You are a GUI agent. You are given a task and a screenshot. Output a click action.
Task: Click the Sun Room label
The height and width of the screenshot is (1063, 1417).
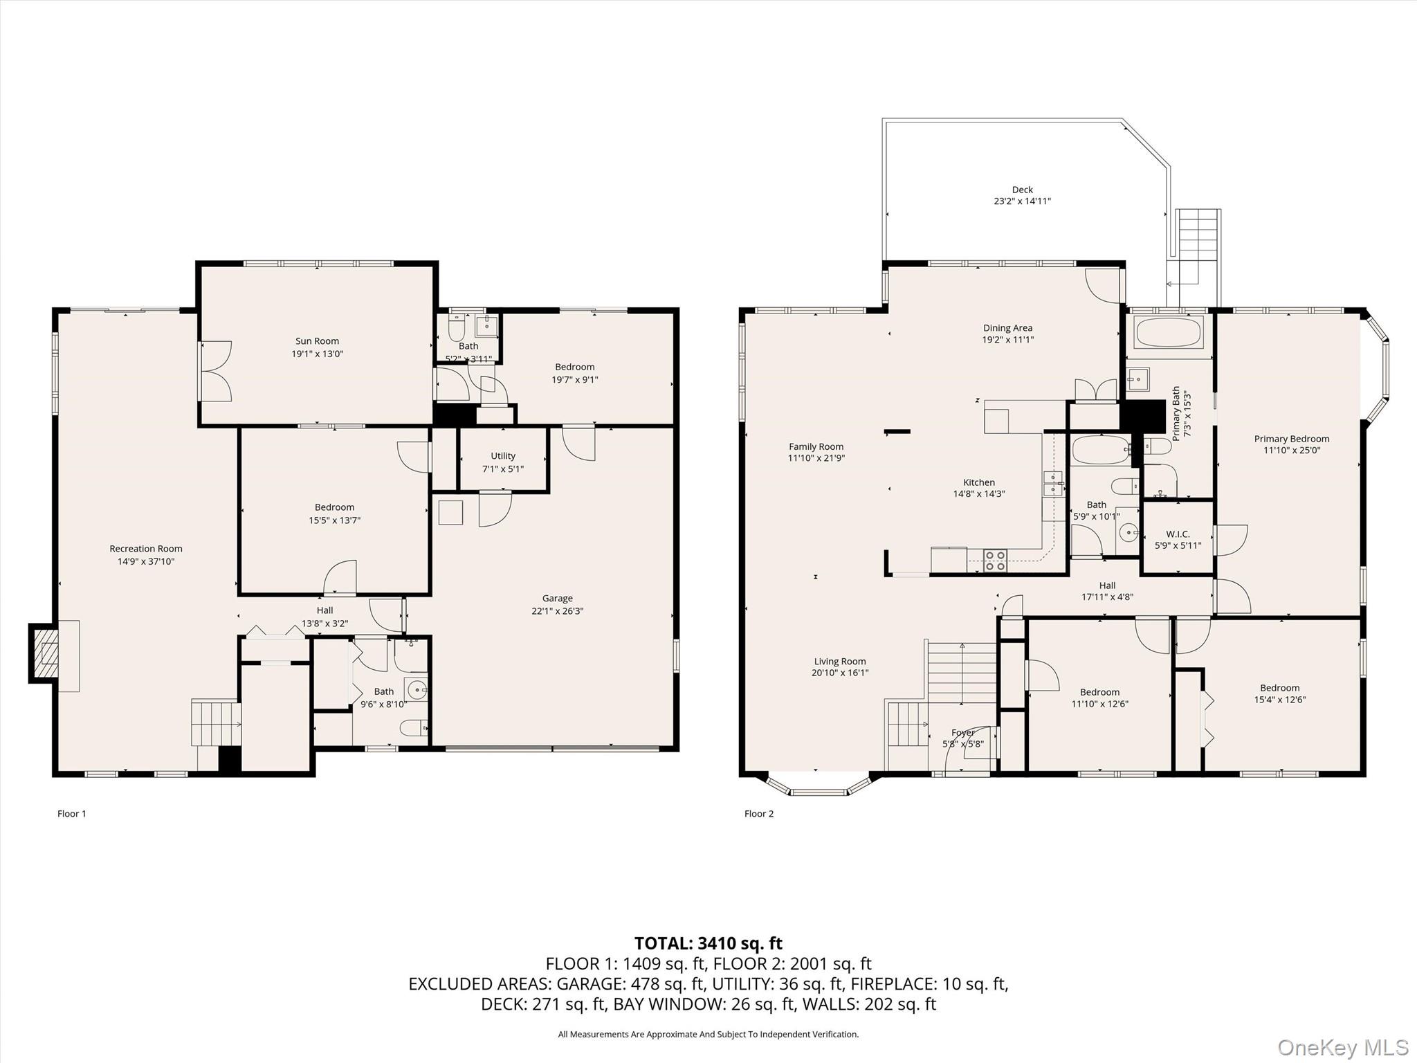(x=317, y=340)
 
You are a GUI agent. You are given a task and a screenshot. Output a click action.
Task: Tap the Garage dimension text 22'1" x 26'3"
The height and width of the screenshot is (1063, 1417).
(x=557, y=611)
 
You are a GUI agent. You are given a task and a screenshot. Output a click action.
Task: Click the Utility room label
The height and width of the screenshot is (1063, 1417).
(x=503, y=455)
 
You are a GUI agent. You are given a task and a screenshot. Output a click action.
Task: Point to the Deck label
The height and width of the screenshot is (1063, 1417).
(x=1022, y=189)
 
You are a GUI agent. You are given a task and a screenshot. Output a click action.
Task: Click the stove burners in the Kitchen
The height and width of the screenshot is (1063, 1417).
(x=996, y=560)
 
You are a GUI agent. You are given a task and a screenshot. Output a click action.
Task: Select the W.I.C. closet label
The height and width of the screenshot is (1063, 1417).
(x=1178, y=534)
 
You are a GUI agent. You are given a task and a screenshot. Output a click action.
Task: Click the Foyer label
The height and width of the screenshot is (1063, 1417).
(x=962, y=732)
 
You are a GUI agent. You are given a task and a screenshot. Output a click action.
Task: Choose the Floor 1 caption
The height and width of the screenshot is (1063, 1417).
(x=72, y=813)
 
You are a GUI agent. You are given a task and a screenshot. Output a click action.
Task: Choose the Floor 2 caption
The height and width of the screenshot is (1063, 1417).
(x=759, y=813)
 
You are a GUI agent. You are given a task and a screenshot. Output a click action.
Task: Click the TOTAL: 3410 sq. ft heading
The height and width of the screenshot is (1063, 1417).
(x=708, y=943)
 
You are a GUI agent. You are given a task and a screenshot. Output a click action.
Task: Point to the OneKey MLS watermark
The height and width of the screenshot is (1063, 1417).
(x=1343, y=1047)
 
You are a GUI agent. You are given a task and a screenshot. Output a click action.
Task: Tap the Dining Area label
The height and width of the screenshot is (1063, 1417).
(x=1007, y=328)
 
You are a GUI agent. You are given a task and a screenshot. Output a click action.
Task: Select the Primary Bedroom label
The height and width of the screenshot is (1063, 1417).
(x=1291, y=438)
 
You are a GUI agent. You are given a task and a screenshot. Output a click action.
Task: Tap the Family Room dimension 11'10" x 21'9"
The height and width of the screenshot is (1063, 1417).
(x=816, y=458)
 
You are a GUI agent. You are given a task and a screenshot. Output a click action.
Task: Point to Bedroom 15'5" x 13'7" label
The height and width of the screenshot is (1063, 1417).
(x=334, y=507)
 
